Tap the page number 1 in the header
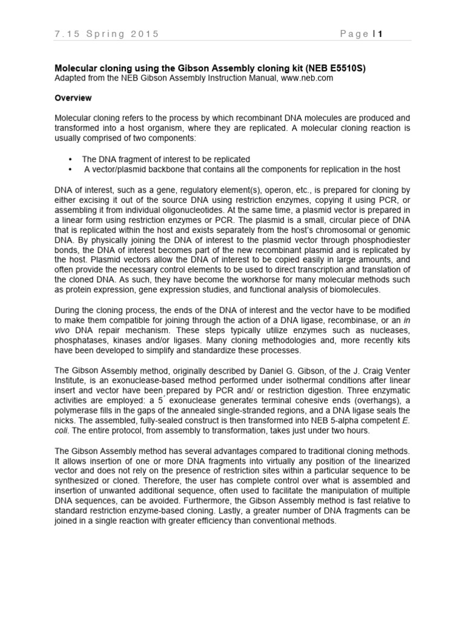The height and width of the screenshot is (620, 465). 381,34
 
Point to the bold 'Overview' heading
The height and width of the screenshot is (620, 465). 73,97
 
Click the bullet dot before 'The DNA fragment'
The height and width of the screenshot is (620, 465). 71,159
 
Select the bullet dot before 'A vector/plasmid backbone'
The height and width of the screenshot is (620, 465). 71,169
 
